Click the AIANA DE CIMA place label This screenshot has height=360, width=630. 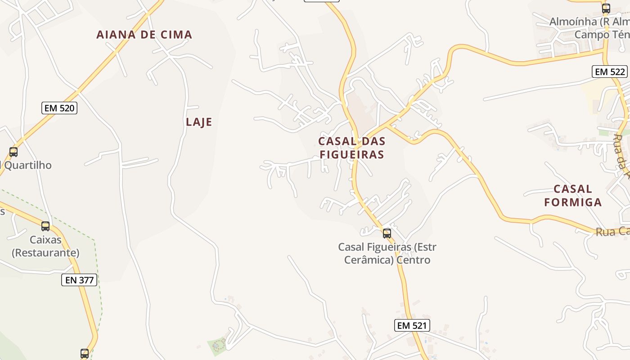pos(144,35)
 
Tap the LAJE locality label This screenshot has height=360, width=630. pos(198,122)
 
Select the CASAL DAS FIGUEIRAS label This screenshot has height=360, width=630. pos(351,148)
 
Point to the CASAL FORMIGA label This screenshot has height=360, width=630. pos(572,195)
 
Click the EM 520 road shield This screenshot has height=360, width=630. pos(59,108)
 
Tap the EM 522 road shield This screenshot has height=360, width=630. pos(609,72)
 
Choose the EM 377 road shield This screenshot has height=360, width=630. pos(79,280)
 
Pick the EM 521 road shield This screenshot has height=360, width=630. pos(412,325)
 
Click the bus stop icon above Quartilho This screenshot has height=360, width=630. pos(13,152)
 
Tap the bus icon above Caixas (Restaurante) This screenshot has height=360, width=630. pos(45,226)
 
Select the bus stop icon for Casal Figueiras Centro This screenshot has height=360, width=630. pos(387,233)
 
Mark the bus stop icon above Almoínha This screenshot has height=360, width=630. pos(606,8)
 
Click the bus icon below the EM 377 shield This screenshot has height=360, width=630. pos(84,353)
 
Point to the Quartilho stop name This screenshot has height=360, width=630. pos(27,165)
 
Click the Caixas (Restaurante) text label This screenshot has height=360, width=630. pos(45,247)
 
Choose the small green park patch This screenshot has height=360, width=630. pos(218,346)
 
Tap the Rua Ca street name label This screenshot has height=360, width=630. pos(612,232)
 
